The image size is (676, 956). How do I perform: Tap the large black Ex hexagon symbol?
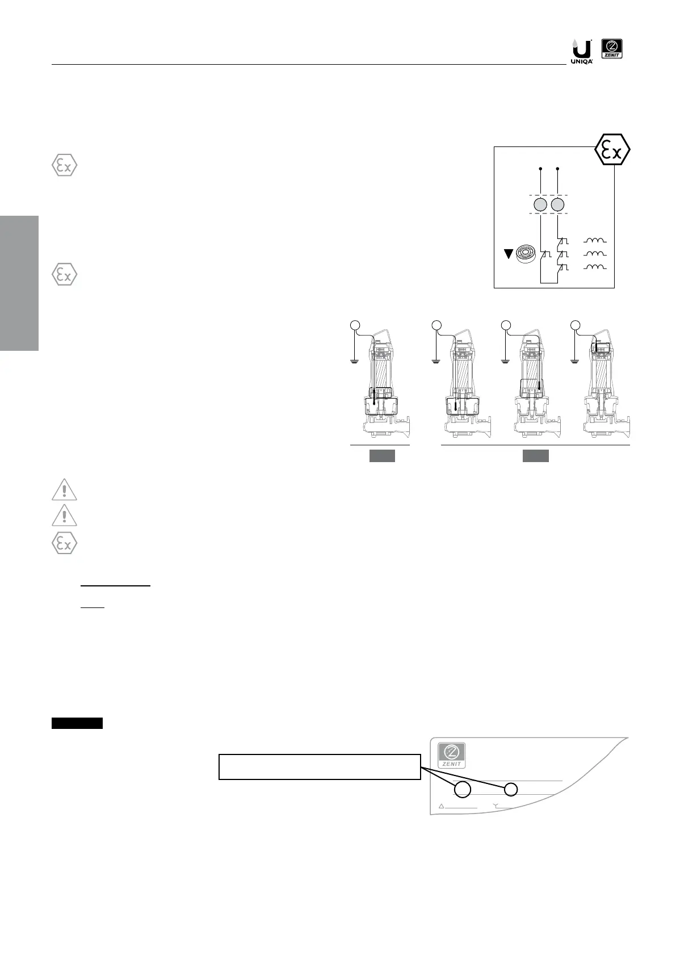pyautogui.click(x=612, y=150)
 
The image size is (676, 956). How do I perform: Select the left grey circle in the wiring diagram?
pyautogui.click(x=540, y=205)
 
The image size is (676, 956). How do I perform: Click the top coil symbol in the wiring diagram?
pyautogui.click(x=595, y=241)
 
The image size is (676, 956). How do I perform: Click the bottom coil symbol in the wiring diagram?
pyautogui.click(x=595, y=267)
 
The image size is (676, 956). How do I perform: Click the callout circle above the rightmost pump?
pyautogui.click(x=575, y=325)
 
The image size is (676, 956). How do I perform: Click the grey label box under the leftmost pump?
pyautogui.click(x=381, y=456)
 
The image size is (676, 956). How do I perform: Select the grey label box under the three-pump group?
pyautogui.click(x=535, y=456)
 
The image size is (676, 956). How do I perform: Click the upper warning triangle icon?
pyautogui.click(x=65, y=490)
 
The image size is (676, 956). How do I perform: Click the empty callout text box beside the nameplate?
pyautogui.click(x=320, y=767)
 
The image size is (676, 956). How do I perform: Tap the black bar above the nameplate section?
pyautogui.click(x=77, y=723)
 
